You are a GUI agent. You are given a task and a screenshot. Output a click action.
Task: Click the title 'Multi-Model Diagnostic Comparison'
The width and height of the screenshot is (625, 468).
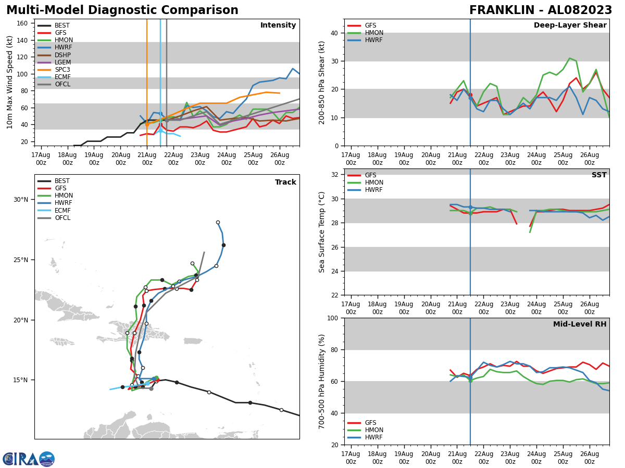(x=122, y=10)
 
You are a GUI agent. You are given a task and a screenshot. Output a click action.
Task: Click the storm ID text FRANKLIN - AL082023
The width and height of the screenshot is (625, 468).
(x=541, y=10)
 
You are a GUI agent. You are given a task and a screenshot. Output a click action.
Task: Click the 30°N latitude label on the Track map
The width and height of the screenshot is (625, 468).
(x=21, y=200)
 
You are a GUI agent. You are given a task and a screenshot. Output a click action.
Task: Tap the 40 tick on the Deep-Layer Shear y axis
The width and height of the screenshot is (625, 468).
(x=333, y=33)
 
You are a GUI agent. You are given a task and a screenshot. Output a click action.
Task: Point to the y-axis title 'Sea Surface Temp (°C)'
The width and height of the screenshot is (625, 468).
(x=322, y=232)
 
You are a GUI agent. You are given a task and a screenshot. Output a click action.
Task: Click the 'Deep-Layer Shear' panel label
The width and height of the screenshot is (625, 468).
(x=570, y=25)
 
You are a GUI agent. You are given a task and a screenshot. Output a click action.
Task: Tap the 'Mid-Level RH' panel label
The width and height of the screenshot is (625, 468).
(x=580, y=324)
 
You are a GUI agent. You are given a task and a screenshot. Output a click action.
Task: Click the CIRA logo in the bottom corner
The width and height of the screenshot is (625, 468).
(x=29, y=459)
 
